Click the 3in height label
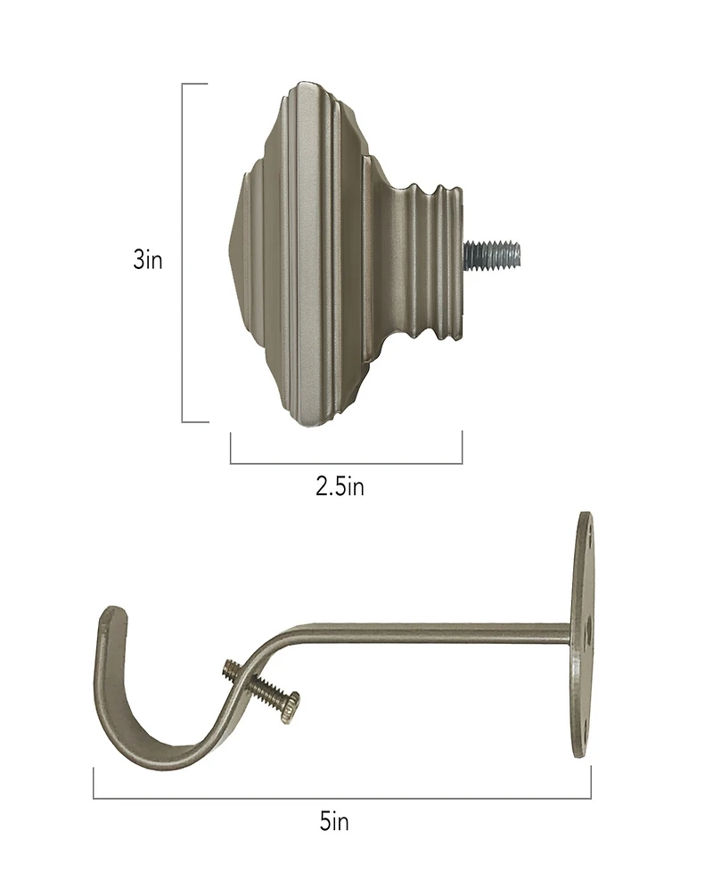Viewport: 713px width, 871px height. [148, 261]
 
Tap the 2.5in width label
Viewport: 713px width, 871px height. [340, 487]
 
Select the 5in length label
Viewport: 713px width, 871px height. [334, 821]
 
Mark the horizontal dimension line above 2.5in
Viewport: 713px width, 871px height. [346, 463]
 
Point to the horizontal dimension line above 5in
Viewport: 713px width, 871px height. [342, 798]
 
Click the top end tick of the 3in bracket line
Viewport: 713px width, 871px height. [194, 84]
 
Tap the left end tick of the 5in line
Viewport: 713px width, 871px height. [94, 784]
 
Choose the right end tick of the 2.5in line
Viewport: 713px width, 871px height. [462, 448]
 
